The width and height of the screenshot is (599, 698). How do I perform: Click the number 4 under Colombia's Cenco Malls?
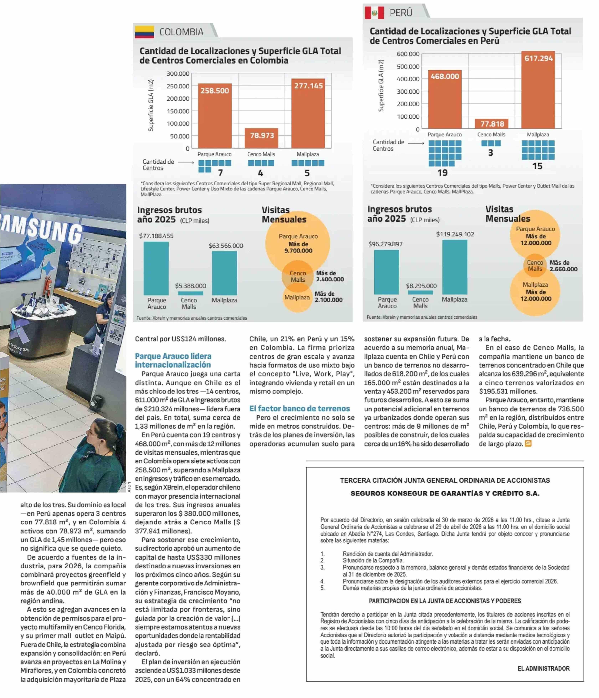[260, 173]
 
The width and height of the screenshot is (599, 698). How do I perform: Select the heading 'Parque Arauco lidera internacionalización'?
[173, 360]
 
